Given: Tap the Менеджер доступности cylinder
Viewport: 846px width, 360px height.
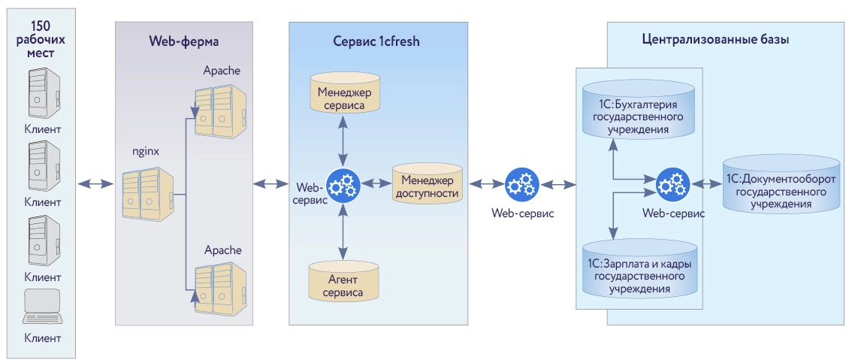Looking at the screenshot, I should (x=427, y=184).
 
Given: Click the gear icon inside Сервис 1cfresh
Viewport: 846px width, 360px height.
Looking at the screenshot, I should (x=344, y=183).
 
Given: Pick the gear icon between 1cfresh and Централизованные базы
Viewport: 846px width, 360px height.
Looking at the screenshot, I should (x=522, y=183).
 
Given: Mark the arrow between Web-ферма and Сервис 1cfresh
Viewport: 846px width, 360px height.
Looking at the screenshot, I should (x=270, y=183).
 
